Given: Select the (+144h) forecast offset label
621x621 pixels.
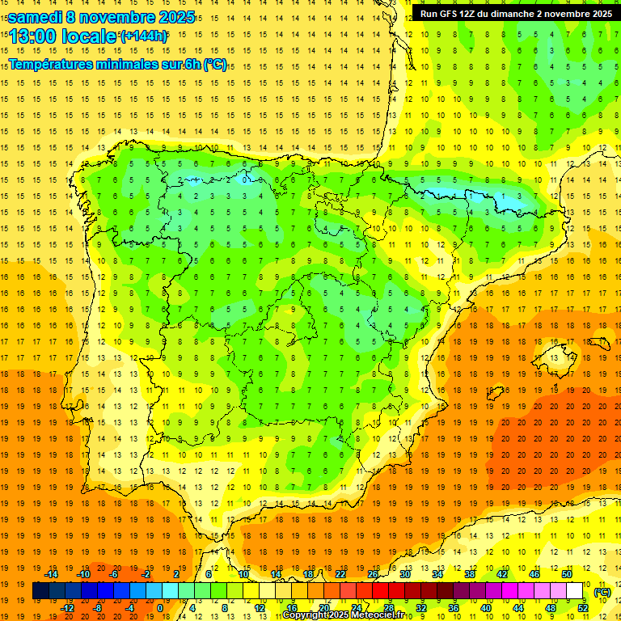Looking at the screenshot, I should pos(144,36).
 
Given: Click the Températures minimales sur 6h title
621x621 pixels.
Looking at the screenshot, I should pos(118,65).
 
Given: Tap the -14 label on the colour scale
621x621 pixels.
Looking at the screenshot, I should pos(53,574).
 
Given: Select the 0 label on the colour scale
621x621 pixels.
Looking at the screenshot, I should pos(160,608).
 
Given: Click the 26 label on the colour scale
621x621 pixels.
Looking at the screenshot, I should pos(373,574).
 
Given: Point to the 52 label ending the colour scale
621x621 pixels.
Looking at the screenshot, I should pos(582,608).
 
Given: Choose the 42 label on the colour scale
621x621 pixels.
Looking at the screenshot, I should pos(501,574).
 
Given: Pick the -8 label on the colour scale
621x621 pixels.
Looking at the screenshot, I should pos(96,608).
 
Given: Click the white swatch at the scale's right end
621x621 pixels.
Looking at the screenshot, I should pos(574,591).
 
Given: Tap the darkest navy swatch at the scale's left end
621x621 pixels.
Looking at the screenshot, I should pos(40,591).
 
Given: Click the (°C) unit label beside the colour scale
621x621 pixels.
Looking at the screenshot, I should pos(602,592).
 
